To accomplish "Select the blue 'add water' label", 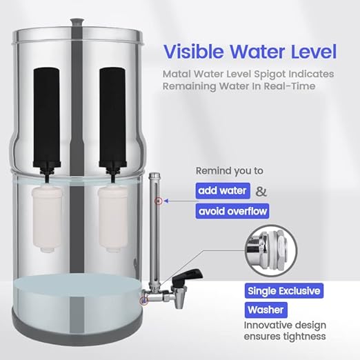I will [221, 191].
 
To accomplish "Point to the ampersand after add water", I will [261, 191].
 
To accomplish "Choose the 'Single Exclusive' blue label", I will [283, 290].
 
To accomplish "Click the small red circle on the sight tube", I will [158, 201].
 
